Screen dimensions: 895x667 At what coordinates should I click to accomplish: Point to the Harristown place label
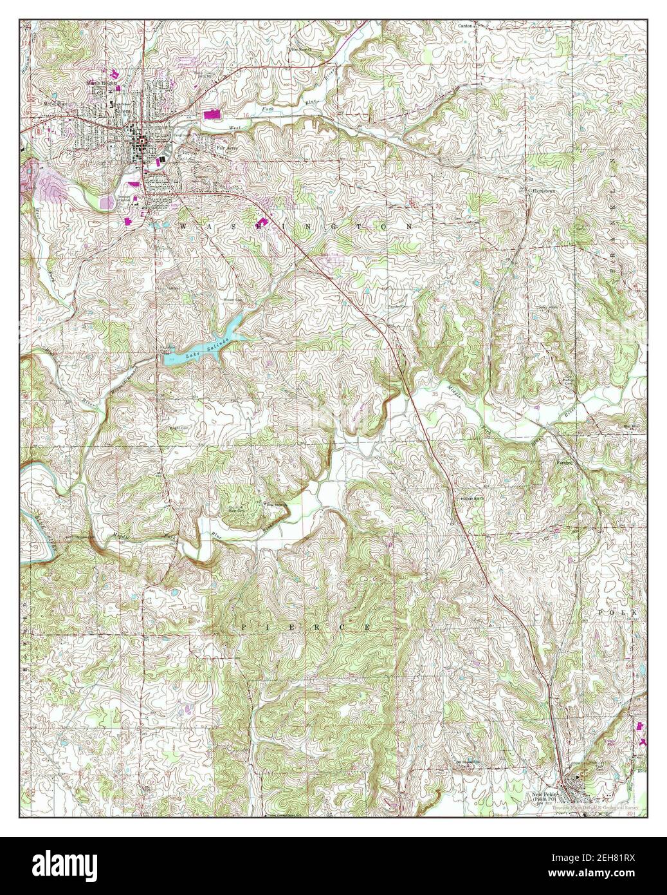pyautogui.click(x=538, y=191)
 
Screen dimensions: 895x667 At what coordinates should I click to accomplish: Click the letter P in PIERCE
pyautogui.click(x=244, y=625)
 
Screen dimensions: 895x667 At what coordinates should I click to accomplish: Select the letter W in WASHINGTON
pyautogui.click(x=183, y=226)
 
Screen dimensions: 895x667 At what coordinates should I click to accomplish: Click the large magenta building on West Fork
pyautogui.click(x=211, y=114)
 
